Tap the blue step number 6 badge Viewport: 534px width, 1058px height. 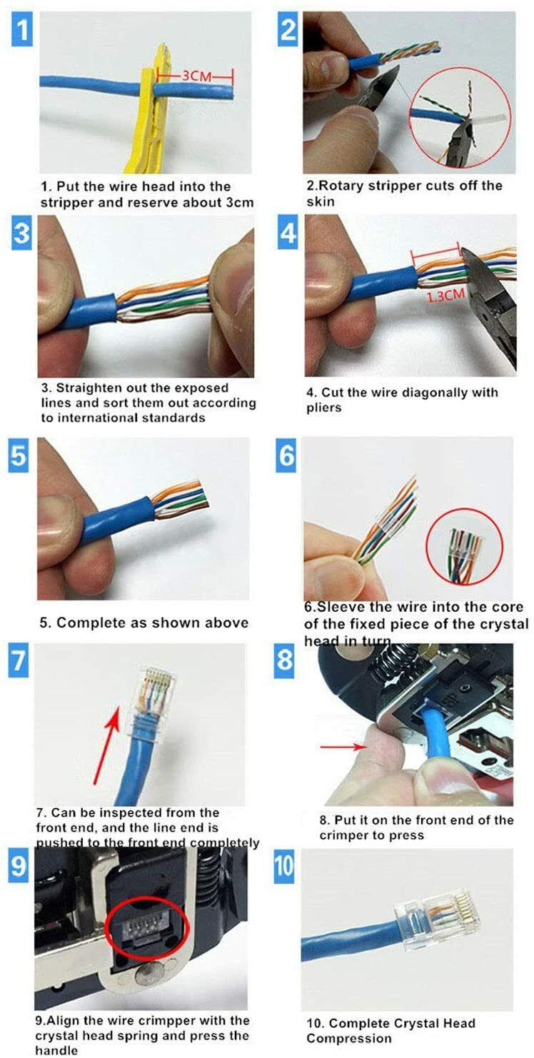(x=286, y=455)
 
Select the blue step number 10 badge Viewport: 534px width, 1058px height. (x=284, y=865)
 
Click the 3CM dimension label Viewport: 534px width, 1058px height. (x=195, y=75)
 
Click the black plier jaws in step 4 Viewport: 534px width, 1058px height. (x=493, y=307)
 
